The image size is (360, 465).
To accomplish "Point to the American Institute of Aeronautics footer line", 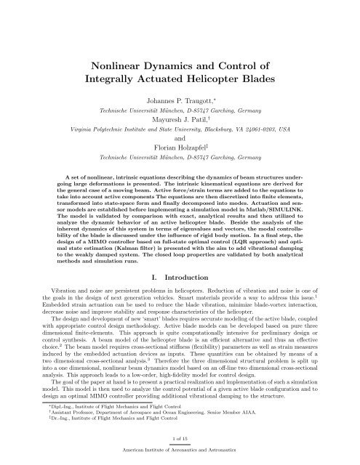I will (180, 459).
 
